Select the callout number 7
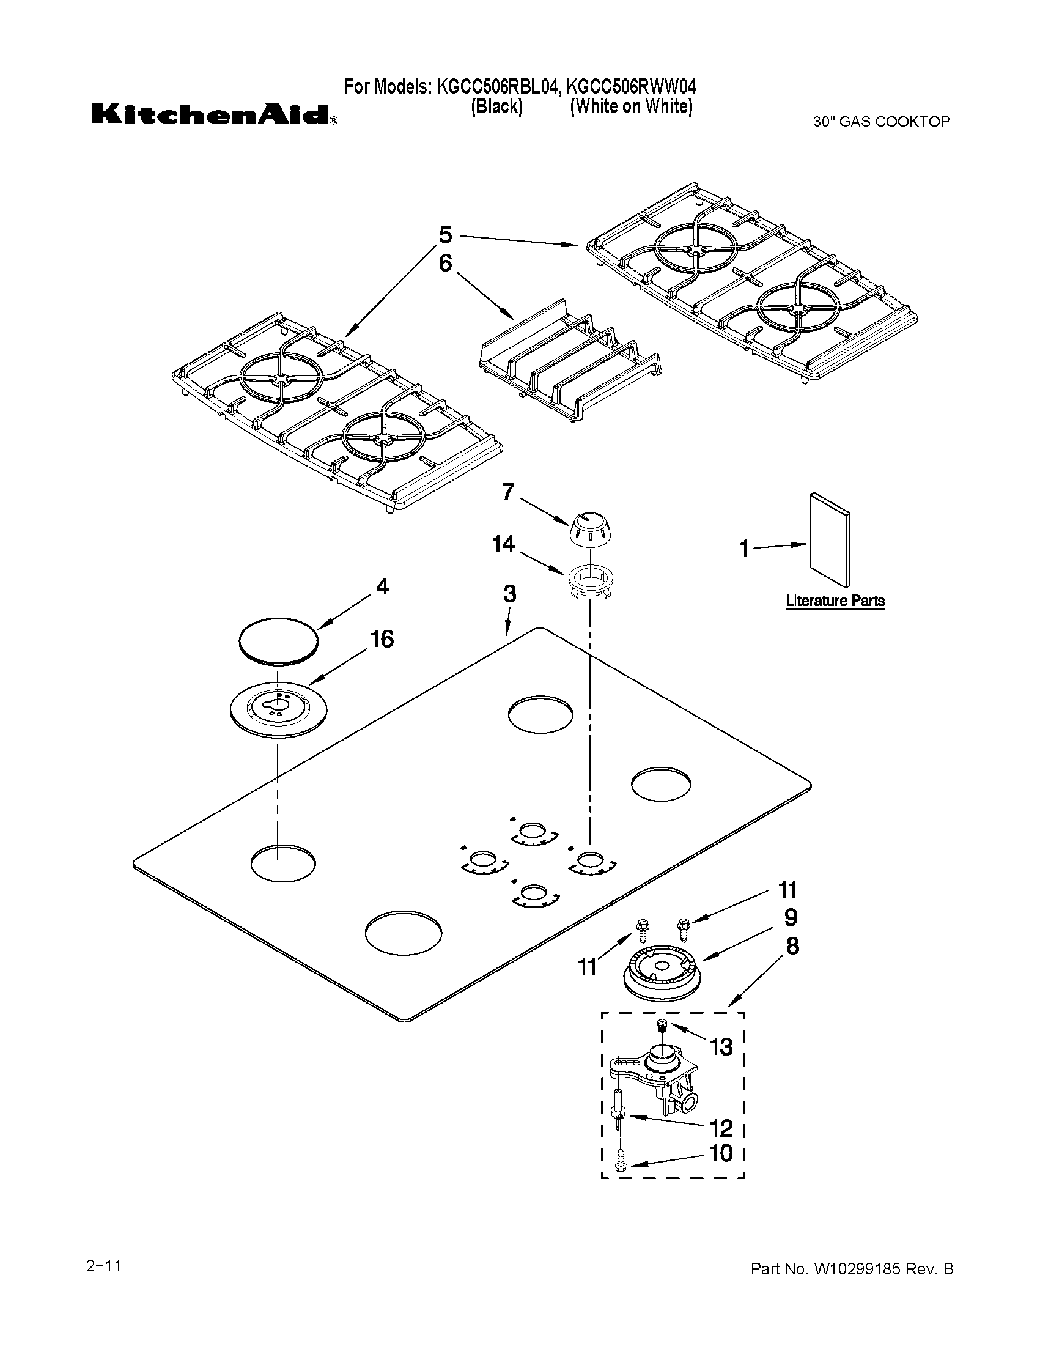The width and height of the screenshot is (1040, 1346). point(507,492)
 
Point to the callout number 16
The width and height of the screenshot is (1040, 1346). point(382,639)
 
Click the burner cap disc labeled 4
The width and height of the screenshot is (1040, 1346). point(278,640)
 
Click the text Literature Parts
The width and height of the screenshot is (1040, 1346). point(835,601)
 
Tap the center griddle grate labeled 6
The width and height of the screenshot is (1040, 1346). point(570,364)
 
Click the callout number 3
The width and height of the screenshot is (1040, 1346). point(509,594)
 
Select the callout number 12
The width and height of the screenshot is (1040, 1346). point(721,1128)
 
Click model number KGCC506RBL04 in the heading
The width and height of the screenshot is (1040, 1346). point(498,86)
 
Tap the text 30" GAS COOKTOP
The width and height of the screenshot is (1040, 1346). point(881,122)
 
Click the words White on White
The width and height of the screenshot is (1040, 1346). point(631,106)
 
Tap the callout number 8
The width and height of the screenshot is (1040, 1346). point(792,945)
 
